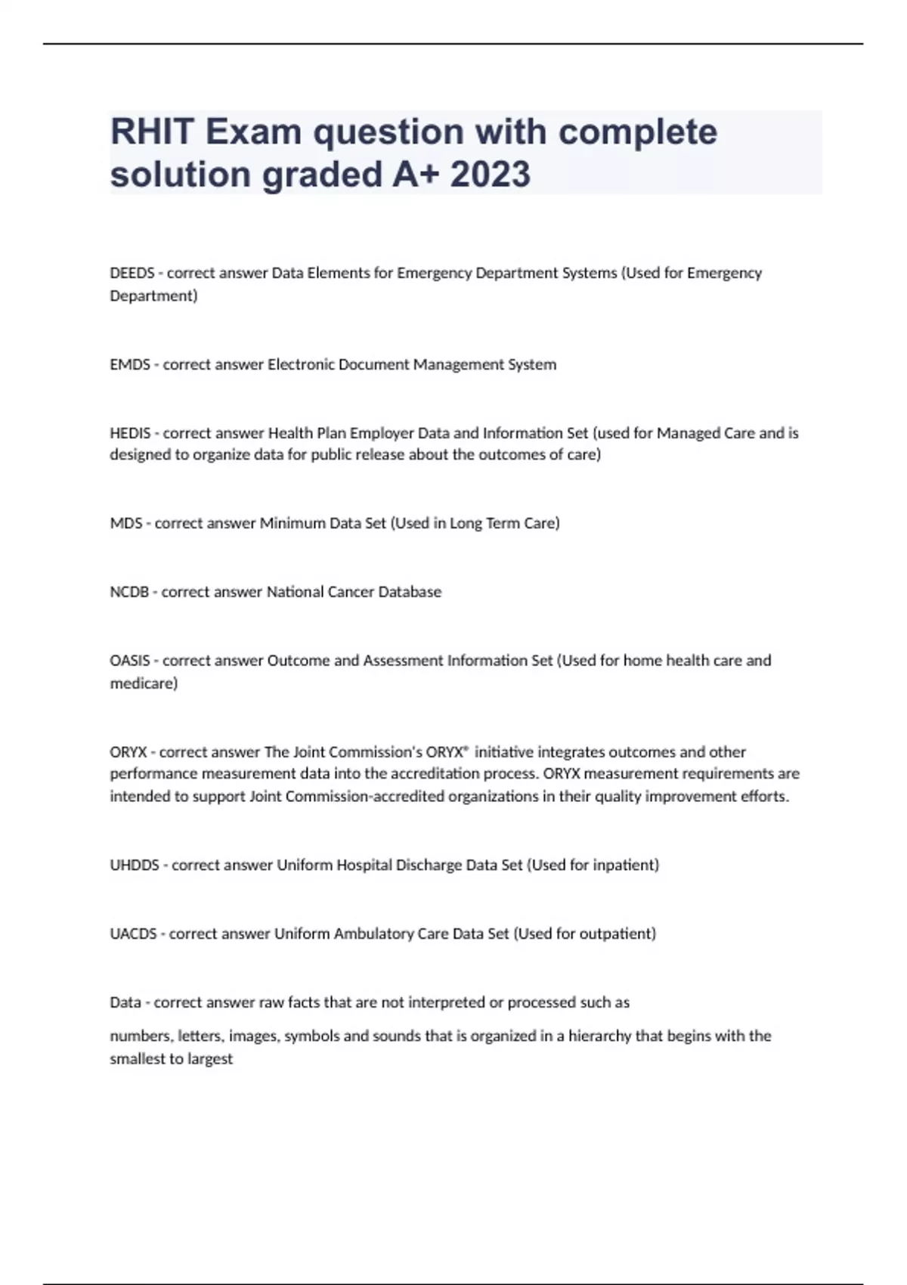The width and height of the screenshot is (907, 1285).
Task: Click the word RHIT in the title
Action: point(153,132)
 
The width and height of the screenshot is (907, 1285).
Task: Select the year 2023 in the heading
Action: point(491,175)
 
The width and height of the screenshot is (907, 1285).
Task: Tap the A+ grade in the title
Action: point(414,175)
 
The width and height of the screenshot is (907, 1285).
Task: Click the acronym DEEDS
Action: point(132,273)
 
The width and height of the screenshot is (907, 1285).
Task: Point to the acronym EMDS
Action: point(130,364)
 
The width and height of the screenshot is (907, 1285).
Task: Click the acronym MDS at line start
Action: point(125,523)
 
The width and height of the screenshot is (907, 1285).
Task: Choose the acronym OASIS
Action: point(130,661)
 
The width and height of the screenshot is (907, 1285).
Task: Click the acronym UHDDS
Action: point(135,865)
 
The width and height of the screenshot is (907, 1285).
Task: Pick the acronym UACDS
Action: point(133,934)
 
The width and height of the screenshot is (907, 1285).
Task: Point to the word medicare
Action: point(144,683)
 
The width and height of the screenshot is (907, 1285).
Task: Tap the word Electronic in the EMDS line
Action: point(301,364)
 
